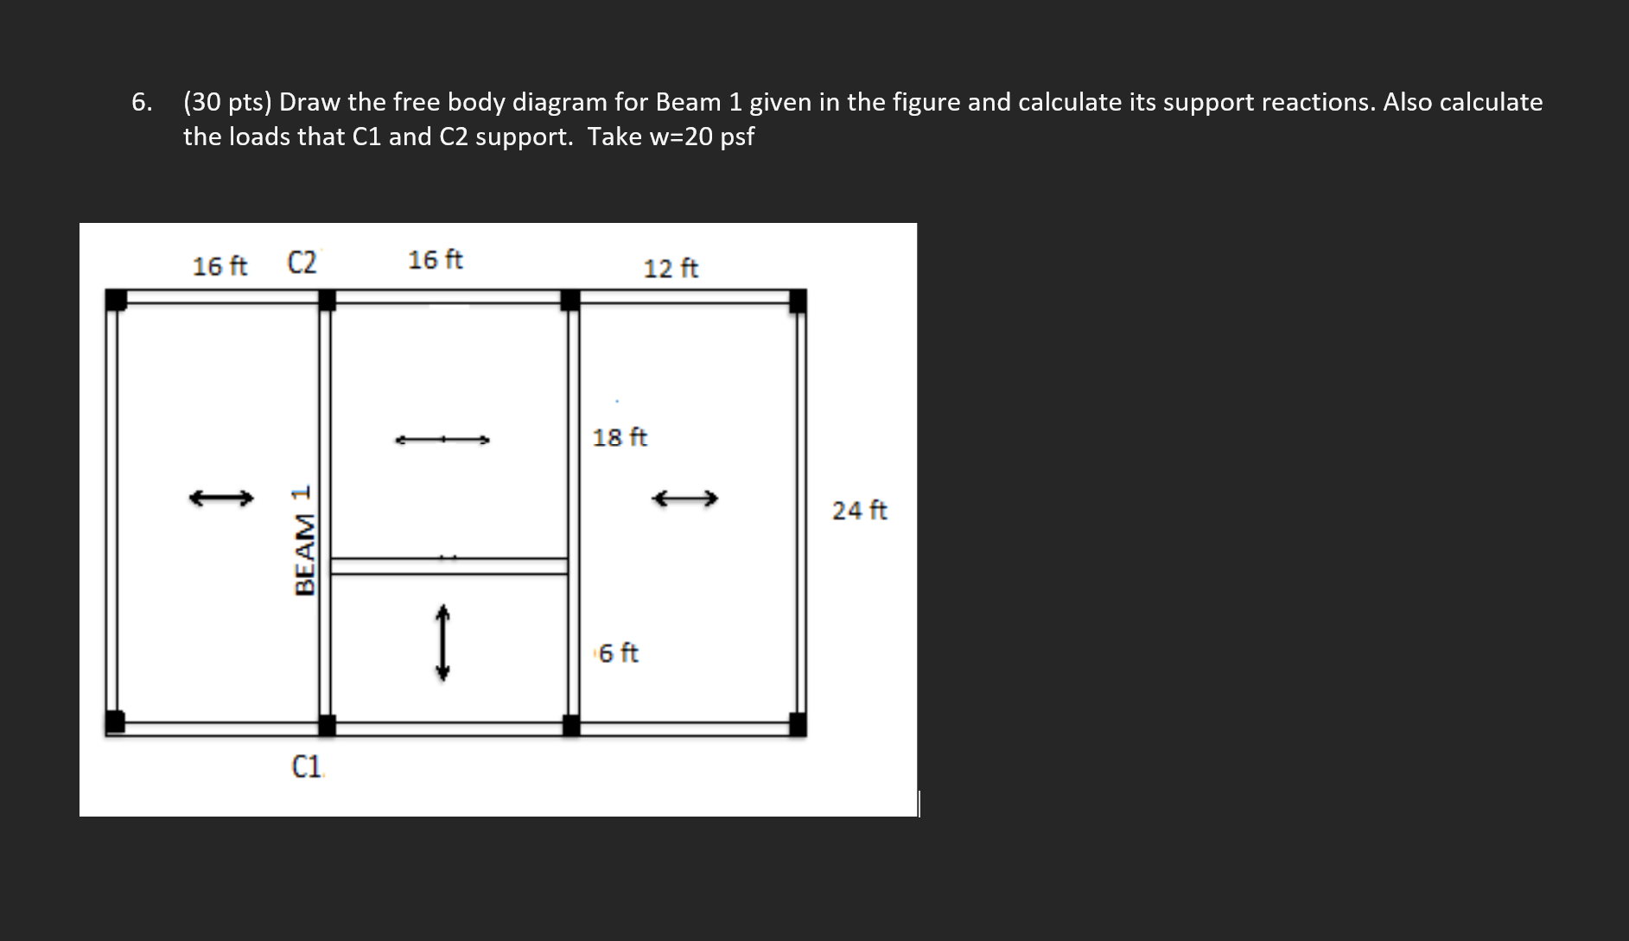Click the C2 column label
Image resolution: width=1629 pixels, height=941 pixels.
[x=302, y=262]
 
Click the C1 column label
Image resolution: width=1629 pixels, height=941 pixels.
[x=307, y=766]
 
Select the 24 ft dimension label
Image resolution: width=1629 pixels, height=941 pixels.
[x=859, y=511]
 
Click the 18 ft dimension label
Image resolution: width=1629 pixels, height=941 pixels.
[x=620, y=437]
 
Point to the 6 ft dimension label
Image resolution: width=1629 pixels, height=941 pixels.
[x=618, y=653]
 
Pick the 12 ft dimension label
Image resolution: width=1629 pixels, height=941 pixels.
[x=671, y=269]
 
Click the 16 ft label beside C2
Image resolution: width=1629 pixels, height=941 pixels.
[x=220, y=266]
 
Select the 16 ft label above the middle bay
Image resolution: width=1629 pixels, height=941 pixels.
[x=435, y=259]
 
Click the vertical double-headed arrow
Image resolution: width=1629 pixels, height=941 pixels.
[x=442, y=642]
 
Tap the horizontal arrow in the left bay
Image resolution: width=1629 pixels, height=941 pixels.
[x=221, y=498]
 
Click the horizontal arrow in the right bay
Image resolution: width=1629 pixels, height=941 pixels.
[x=684, y=499]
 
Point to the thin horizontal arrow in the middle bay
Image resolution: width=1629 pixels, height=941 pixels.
[x=442, y=440]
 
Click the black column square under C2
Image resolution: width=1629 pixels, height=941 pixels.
[x=327, y=300]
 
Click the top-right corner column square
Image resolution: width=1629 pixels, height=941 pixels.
[x=798, y=301]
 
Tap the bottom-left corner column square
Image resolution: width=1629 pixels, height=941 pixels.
[x=115, y=722]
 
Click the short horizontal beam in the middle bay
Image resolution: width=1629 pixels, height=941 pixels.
[x=449, y=566]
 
